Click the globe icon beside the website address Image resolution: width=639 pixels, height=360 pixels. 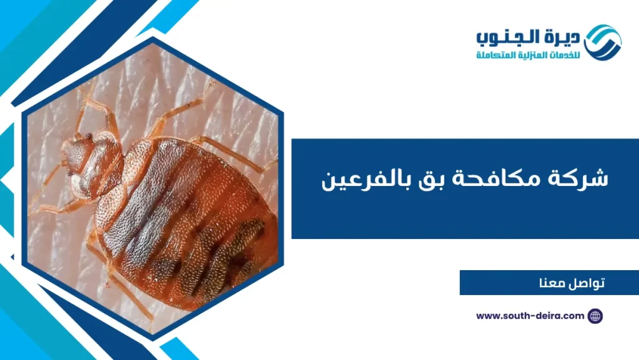coord(595,316)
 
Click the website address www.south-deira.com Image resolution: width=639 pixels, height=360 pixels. coord(530,316)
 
